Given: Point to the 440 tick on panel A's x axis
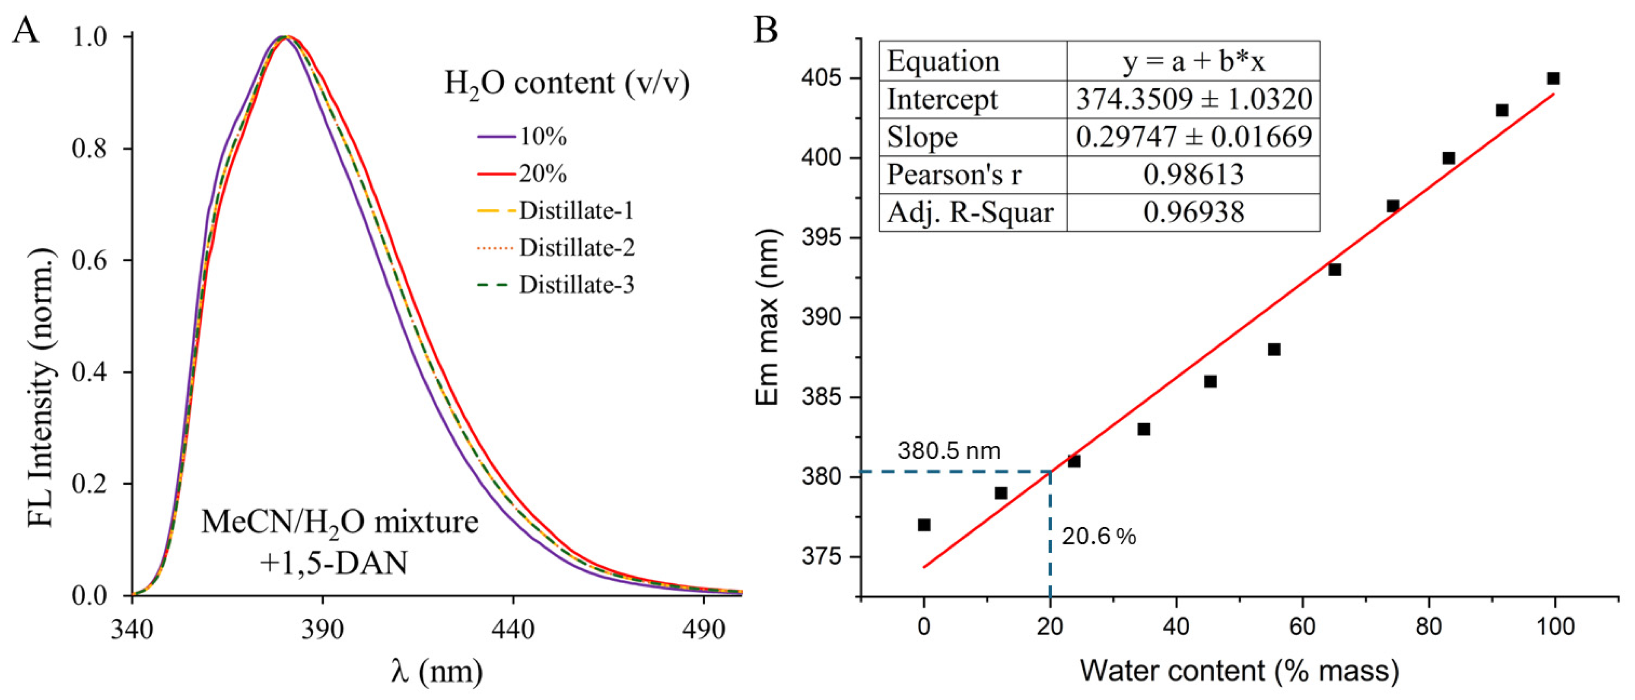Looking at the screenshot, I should point(513,629).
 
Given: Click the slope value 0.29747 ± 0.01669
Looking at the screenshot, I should point(1193,137).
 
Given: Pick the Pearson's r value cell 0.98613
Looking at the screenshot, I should point(1193,175).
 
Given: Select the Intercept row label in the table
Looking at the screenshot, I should point(942,99).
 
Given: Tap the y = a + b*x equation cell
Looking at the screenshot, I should point(1193,61).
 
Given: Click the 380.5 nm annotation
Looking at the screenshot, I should point(949,451).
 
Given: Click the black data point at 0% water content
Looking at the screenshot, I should point(924,525).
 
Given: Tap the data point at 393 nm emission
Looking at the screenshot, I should point(1335,269).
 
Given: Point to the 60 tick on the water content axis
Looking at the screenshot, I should point(1302,626).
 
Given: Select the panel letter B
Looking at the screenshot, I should point(766,29).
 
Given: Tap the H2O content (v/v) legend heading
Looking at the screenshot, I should point(566,83).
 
